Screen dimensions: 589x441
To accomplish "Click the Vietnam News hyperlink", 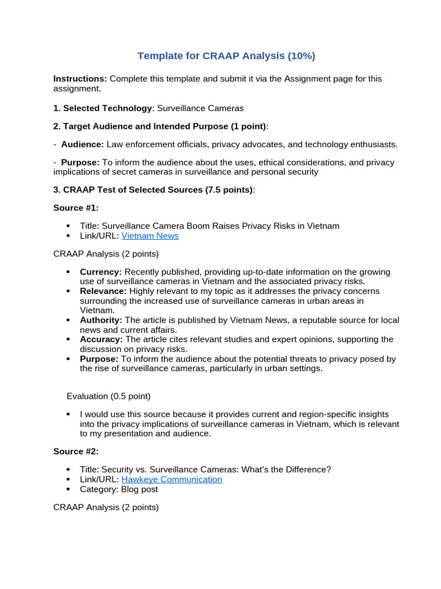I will [150, 236].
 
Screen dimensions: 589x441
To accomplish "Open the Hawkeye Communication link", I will [172, 479].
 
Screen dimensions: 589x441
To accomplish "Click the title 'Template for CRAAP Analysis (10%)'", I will [226, 56].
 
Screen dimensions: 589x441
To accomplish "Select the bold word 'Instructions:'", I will [80, 78].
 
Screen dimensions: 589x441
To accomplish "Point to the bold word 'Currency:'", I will [100, 271].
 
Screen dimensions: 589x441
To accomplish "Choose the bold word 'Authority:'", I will [101, 320].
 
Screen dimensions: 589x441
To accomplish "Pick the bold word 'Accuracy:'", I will [101, 339].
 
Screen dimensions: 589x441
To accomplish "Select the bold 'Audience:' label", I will [83, 144].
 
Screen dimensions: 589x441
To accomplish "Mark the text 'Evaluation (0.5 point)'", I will [109, 396].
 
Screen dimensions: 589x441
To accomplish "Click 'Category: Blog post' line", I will [119, 489].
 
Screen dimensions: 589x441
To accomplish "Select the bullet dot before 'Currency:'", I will [69, 272].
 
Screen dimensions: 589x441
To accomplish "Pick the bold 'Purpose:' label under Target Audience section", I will [80, 162].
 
